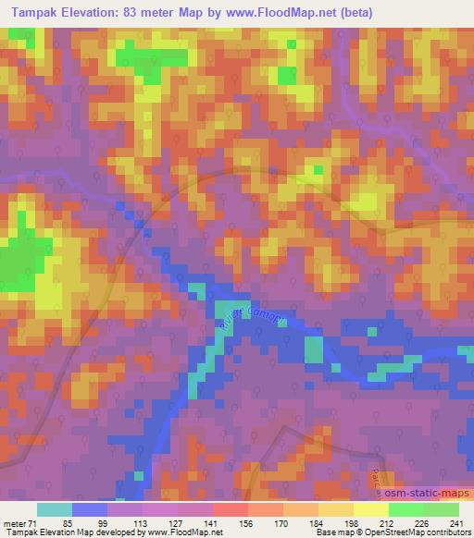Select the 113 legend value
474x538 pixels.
[142, 522]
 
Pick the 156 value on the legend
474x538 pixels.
[246, 522]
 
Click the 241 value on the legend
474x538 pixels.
[455, 522]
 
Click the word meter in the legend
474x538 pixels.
[17, 522]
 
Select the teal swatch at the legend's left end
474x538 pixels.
[55, 509]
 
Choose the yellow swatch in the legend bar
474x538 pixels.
[370, 509]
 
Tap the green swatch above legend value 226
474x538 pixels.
[405, 509]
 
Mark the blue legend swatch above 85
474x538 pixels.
[90, 509]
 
